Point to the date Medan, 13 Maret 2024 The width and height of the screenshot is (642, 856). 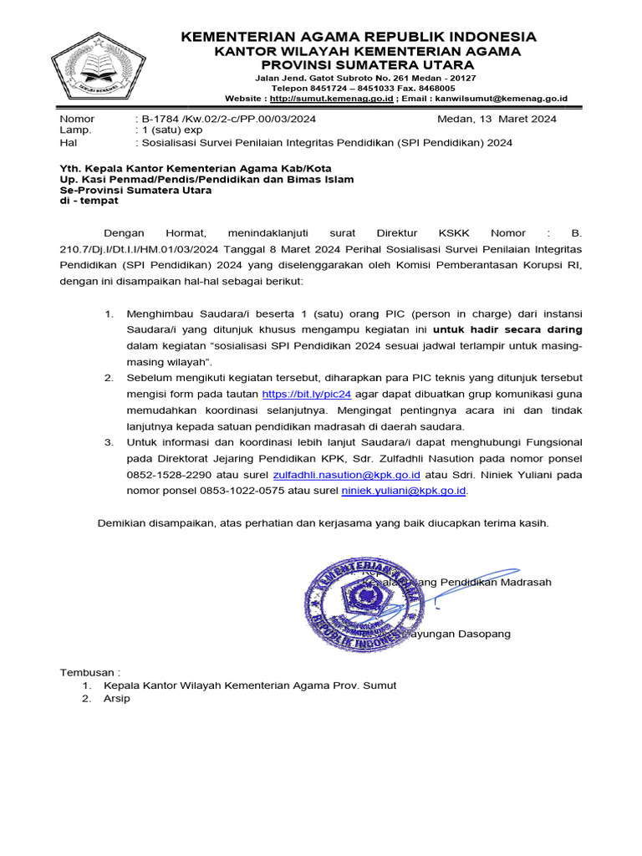[x=497, y=119]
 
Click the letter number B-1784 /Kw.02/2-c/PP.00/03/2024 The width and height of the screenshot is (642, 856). [x=226, y=119]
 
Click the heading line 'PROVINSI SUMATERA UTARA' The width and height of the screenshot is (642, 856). [x=356, y=64]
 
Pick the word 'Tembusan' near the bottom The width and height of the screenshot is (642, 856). [x=87, y=671]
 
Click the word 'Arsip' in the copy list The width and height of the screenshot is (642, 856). [x=118, y=699]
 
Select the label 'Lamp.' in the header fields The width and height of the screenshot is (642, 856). [x=76, y=130]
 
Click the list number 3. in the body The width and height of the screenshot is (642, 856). [x=109, y=441]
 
